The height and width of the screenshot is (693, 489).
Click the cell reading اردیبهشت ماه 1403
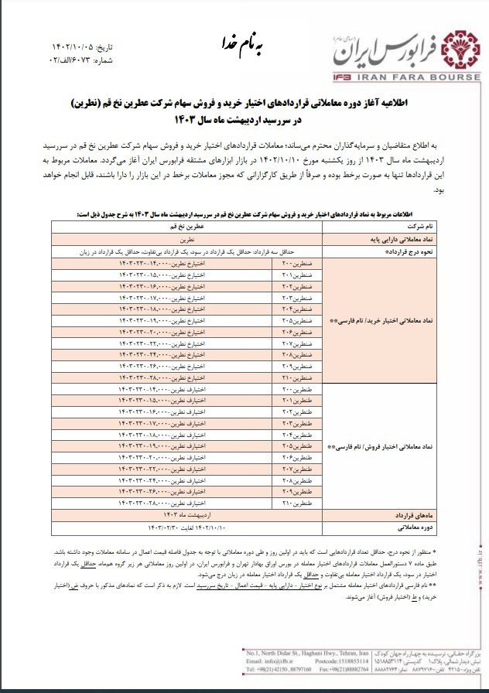(x=183, y=514)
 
